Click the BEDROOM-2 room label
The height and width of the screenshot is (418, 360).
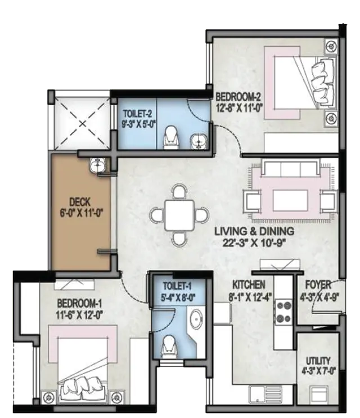point(238,96)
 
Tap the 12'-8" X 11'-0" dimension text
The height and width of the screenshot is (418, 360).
point(240,109)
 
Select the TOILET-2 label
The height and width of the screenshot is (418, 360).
point(137,114)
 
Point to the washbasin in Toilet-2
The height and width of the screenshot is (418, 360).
point(199,141)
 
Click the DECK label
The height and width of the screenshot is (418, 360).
point(80,202)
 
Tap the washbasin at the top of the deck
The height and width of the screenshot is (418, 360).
point(97,165)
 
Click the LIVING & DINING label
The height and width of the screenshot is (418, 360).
point(254,231)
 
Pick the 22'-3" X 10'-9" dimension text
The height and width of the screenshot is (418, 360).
point(254,243)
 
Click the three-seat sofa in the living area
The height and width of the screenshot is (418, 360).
point(291,168)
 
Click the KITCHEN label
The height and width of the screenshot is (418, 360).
point(249,285)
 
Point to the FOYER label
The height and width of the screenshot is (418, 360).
point(318,285)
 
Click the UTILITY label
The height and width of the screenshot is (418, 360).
point(318,361)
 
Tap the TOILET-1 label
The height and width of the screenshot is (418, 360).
point(177,286)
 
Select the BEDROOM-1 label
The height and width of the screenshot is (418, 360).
point(80,303)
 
